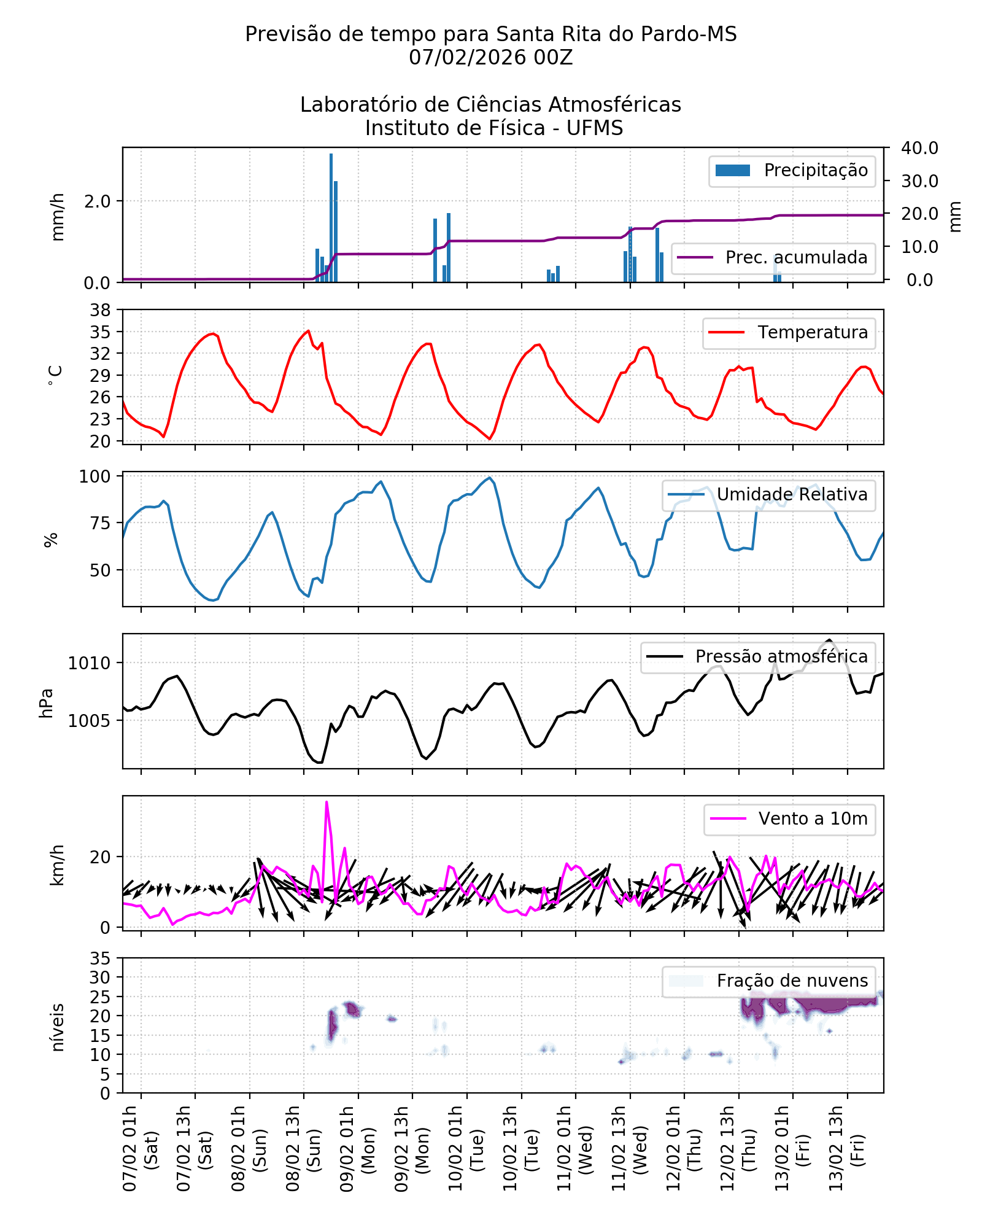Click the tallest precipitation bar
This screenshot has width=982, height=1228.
tap(331, 217)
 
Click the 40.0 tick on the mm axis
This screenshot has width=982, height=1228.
tap(919, 148)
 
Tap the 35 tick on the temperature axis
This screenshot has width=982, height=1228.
tap(101, 332)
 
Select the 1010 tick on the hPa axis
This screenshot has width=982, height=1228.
tap(90, 663)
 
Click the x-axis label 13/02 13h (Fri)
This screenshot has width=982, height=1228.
tap(846, 1149)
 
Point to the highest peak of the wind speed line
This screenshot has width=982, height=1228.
tap(327, 802)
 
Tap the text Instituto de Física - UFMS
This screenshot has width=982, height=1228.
tap(493, 128)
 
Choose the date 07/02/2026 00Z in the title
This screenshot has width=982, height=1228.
tap(490, 58)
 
